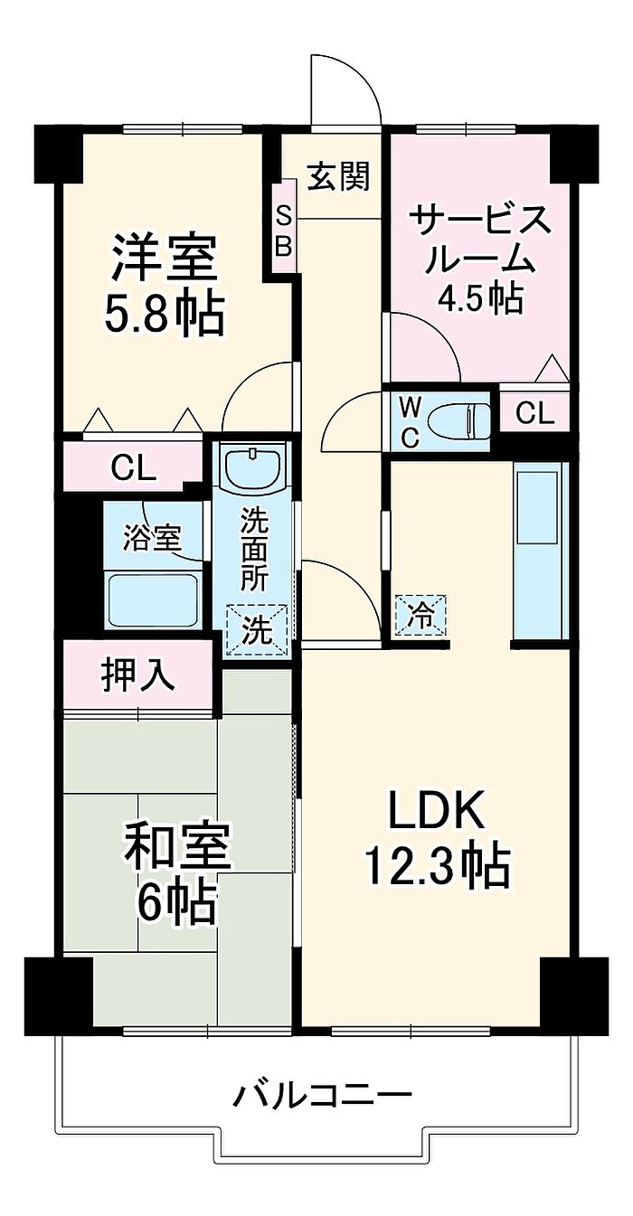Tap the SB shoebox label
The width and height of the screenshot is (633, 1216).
(x=283, y=230)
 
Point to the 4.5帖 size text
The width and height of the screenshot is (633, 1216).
(x=479, y=297)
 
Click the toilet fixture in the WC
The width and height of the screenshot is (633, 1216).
(x=459, y=419)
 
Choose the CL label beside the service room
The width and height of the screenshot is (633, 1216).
(x=534, y=413)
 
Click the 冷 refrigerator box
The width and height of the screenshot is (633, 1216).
(x=420, y=616)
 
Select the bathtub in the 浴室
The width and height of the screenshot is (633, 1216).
(x=152, y=599)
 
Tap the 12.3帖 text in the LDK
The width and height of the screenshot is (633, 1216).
(x=437, y=867)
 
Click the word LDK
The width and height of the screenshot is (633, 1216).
(x=438, y=812)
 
